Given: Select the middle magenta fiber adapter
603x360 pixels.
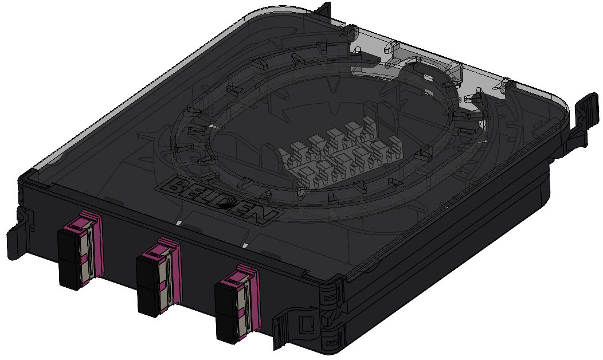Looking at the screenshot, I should tap(158, 277).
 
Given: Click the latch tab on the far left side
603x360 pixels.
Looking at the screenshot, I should tap(17, 235).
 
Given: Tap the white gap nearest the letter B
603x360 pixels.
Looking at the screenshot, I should tap(179, 222).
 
